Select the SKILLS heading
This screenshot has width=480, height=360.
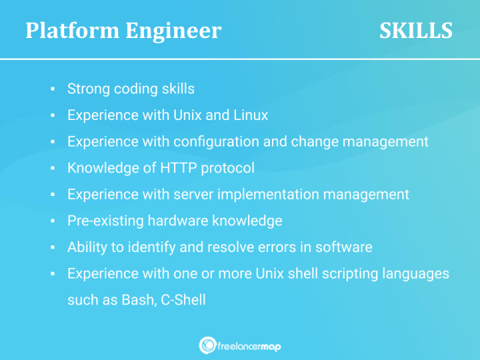tap(416, 31)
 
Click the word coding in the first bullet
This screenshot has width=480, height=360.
tap(134, 89)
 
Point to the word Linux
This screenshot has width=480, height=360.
tap(250, 115)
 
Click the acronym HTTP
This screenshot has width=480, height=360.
tap(178, 168)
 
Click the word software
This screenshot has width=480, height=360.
tap(344, 247)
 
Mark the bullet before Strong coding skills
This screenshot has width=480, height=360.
tap(52, 89)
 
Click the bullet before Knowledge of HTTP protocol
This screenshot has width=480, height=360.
tap(52, 169)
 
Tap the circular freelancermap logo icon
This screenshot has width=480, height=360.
tap(207, 345)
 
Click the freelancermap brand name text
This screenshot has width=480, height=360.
tap(249, 345)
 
